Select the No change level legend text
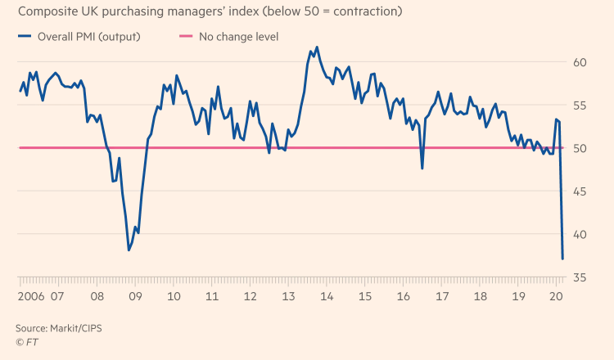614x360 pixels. tap(238, 37)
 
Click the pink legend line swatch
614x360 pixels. tap(184, 37)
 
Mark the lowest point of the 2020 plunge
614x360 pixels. tap(562, 259)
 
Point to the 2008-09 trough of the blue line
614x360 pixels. tap(129, 250)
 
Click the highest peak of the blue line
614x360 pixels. tap(317, 47)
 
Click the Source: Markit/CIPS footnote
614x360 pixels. tap(59, 327)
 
